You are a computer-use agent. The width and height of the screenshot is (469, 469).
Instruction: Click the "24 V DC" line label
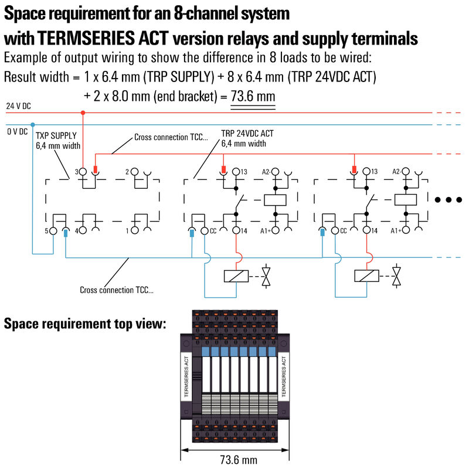pyautogui.click(x=18, y=106)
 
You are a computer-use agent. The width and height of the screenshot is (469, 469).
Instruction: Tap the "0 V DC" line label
pyautogui.click(x=17, y=131)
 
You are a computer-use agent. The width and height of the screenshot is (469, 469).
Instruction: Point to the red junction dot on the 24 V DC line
pyautogui.click(x=83, y=112)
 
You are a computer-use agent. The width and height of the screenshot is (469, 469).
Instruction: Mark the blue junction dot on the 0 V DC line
pyautogui.click(x=33, y=125)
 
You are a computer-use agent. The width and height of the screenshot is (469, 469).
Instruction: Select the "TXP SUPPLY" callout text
pyautogui.click(x=56, y=135)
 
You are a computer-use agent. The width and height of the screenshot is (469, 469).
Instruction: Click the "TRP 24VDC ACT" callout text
pyautogui.click(x=247, y=134)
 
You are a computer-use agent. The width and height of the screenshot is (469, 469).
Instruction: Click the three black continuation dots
pyautogui.click(x=449, y=200)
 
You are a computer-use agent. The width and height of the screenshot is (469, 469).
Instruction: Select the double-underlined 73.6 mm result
pyautogui.click(x=253, y=96)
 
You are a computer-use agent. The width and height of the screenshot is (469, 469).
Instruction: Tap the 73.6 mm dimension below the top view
pyautogui.click(x=237, y=460)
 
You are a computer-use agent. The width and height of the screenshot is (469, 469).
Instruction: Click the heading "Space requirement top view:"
pyautogui.click(x=86, y=324)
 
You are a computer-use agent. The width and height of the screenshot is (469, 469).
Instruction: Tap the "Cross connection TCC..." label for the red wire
pyautogui.click(x=171, y=138)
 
